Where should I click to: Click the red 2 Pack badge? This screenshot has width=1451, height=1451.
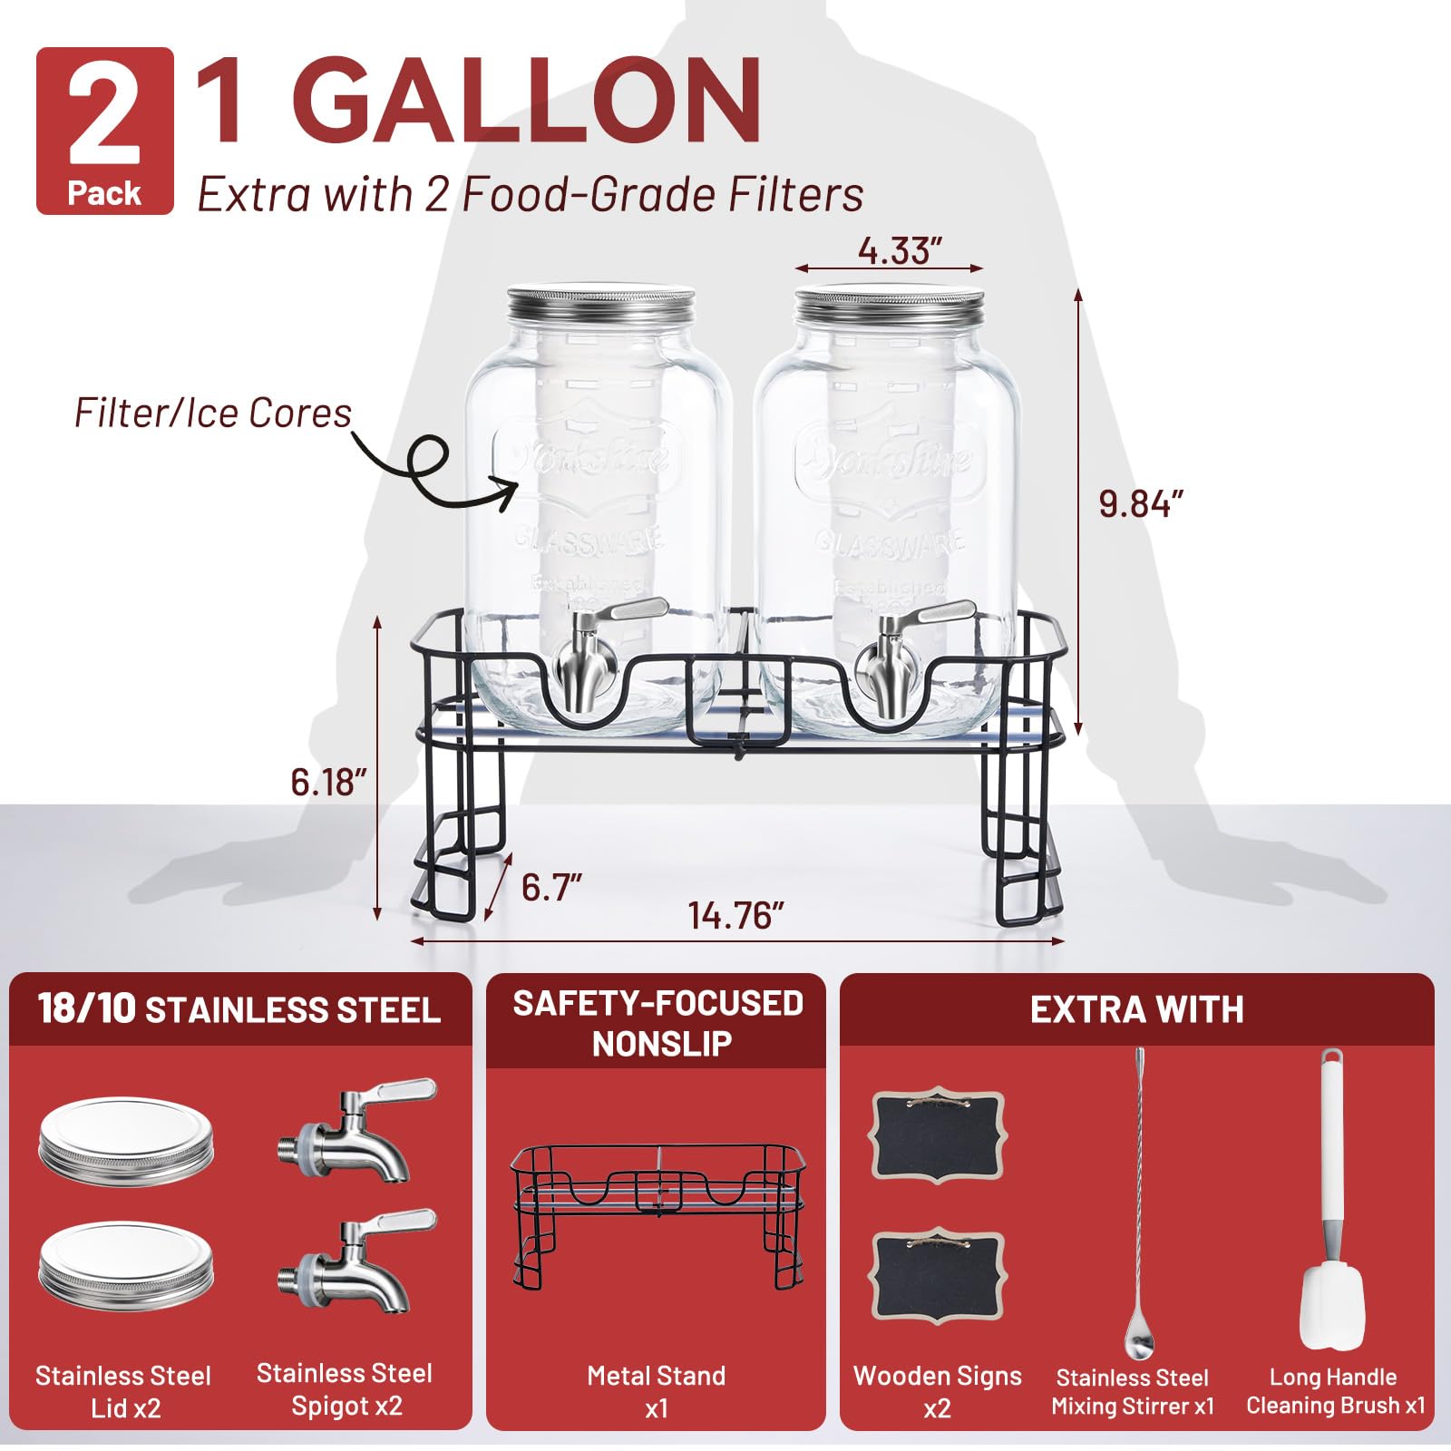tap(104, 131)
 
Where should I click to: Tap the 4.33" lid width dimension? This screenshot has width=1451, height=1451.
tap(900, 250)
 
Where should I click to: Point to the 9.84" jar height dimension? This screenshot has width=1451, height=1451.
tap(1141, 503)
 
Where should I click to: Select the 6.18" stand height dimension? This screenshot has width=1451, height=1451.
tap(328, 782)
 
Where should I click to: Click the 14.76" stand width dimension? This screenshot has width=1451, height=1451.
tap(735, 915)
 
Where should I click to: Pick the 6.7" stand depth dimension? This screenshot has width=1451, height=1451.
tap(550, 887)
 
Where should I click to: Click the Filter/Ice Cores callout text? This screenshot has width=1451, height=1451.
tap(212, 414)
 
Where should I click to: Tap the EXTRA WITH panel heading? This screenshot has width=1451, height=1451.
tap(1136, 1010)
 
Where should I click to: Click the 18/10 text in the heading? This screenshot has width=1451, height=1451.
tap(86, 1009)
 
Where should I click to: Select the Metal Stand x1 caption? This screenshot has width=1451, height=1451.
tap(656, 1391)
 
